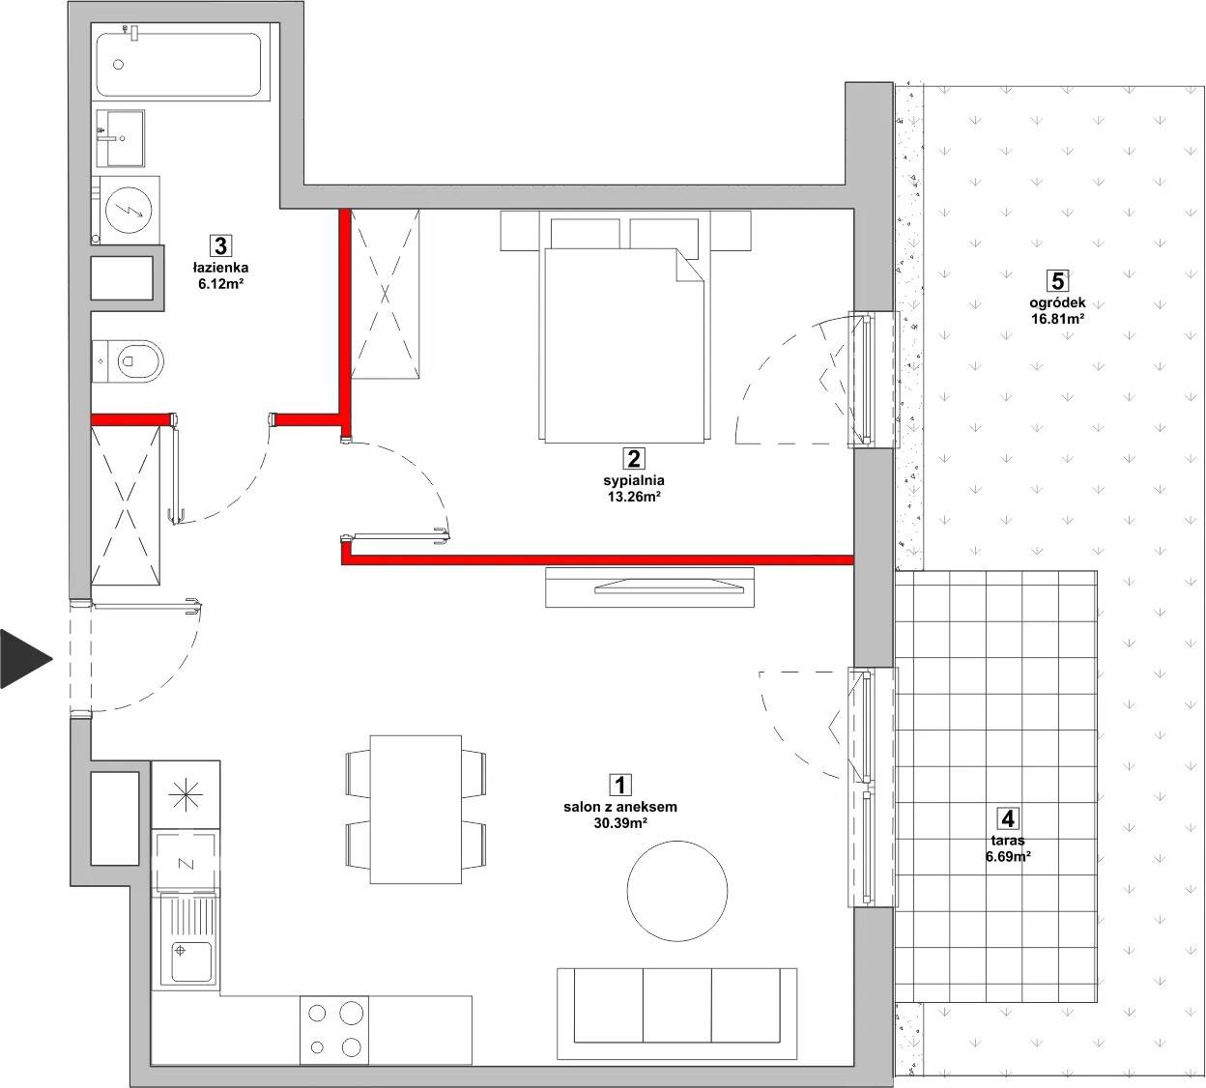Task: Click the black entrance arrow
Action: point(24,658)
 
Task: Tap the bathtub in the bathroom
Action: point(179,64)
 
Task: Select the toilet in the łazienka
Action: point(128,361)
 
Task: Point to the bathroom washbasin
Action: point(120,137)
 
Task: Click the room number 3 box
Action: point(220,245)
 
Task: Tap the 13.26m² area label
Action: point(634,497)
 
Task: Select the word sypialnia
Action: point(634,480)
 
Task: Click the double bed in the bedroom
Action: point(624,327)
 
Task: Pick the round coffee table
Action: point(677,891)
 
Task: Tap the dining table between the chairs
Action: point(416,809)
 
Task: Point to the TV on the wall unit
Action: point(669,587)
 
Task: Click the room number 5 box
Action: point(1057,281)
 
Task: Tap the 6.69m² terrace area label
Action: point(1008,856)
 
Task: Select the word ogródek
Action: point(1057,302)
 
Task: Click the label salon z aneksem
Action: point(620,807)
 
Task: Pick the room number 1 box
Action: point(619,785)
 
